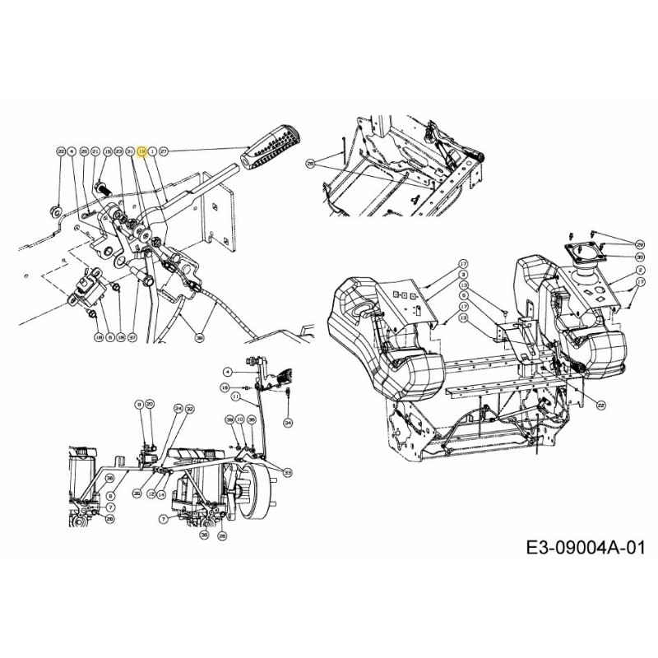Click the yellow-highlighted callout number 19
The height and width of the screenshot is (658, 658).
point(141,152)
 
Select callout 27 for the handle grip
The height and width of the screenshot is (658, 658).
point(164,152)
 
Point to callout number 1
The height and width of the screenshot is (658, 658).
point(152,152)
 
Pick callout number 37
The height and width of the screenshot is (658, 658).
point(132,337)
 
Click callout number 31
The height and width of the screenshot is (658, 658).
point(130,152)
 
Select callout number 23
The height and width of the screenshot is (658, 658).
point(118,152)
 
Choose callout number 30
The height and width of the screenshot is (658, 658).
point(640,257)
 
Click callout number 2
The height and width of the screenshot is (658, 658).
point(640,270)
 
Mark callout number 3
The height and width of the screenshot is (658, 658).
point(463,273)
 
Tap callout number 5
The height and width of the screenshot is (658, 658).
point(463,294)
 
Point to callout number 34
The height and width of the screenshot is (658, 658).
point(288,422)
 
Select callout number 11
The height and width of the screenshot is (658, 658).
point(234,396)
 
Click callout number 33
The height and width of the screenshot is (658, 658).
point(287,472)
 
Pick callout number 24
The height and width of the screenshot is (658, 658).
point(178,408)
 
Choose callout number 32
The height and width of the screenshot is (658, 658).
point(189,408)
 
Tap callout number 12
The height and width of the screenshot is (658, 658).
point(151,493)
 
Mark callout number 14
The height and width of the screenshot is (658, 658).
point(162,493)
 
